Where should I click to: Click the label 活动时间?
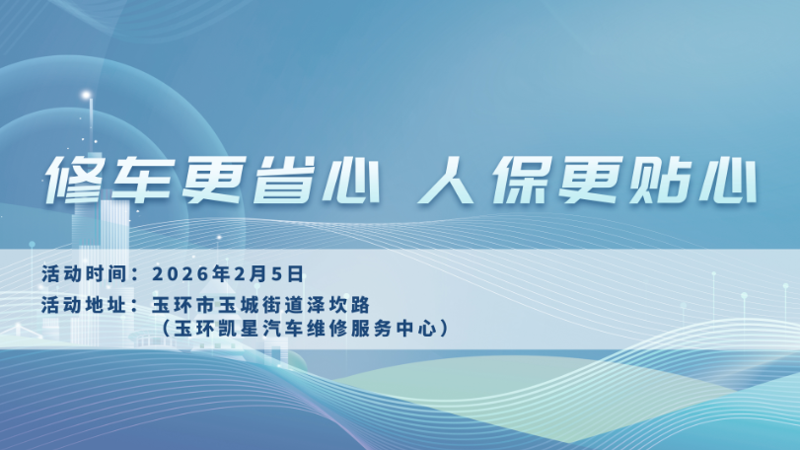pos(84,274)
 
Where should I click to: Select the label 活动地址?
pos(84,305)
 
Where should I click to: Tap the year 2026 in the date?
pos(182,274)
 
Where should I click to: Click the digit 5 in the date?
pos(277,274)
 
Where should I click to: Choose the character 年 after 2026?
pos(221,274)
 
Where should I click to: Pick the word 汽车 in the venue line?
pos(283,328)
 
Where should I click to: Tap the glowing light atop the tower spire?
pos(86,95)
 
